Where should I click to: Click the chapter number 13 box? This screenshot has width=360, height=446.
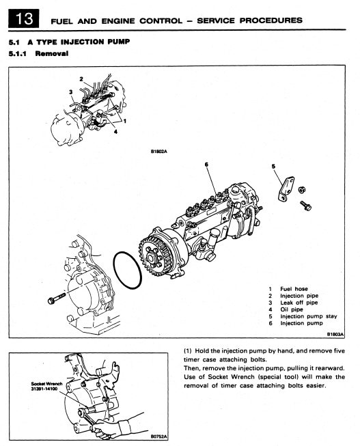click(x=24, y=18)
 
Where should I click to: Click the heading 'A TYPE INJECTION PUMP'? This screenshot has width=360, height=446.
click(x=79, y=42)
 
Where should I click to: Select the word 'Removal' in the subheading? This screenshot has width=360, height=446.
click(x=52, y=53)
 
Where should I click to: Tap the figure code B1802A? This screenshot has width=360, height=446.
click(x=158, y=152)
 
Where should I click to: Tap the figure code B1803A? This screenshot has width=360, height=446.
click(x=335, y=335)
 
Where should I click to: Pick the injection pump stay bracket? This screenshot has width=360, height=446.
click(x=286, y=189)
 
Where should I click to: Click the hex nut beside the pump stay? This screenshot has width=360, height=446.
click(x=302, y=190)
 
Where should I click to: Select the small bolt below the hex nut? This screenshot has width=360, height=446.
click(x=305, y=206)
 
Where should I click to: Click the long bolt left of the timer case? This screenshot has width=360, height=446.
click(x=56, y=298)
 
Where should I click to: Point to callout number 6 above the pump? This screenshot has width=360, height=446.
click(x=206, y=165)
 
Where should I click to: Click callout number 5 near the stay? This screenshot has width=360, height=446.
click(x=273, y=167)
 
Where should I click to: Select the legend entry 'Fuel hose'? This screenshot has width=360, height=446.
click(x=294, y=289)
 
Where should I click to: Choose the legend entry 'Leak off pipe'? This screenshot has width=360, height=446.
click(x=299, y=303)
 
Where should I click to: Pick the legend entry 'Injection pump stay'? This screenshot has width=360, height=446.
click(x=309, y=316)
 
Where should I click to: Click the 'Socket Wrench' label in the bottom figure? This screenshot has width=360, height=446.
click(x=46, y=384)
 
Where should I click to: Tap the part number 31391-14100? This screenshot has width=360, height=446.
click(x=44, y=389)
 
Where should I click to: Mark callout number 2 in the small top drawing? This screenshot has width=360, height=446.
click(x=81, y=79)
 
